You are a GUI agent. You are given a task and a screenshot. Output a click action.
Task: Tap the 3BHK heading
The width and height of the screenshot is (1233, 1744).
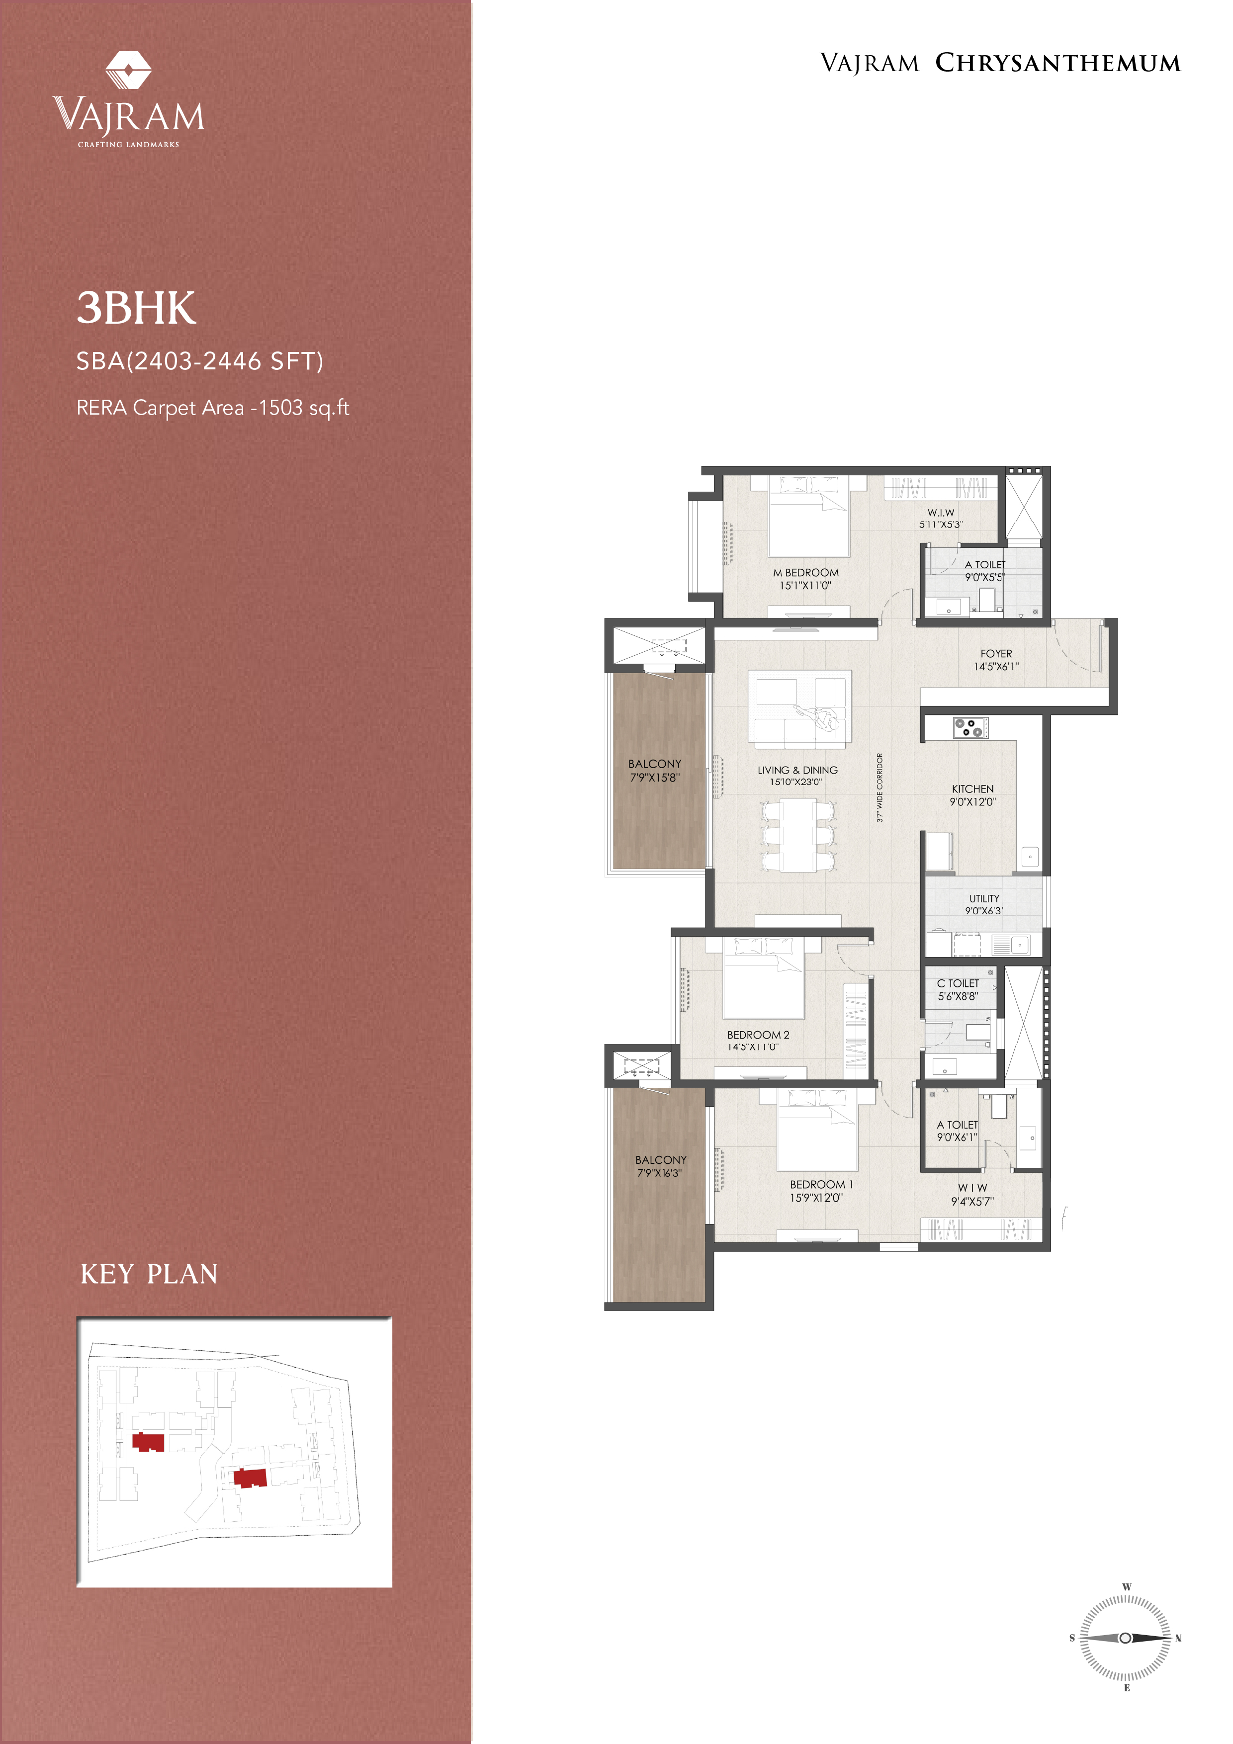136,308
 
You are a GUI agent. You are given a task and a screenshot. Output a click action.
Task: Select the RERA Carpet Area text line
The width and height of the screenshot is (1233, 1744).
213,408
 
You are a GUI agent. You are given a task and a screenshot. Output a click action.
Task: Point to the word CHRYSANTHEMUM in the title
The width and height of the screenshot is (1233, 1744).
1057,63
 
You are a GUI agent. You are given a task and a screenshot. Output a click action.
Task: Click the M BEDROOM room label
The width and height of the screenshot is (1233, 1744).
806,573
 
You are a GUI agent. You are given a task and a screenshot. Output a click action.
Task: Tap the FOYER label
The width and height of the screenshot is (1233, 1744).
996,653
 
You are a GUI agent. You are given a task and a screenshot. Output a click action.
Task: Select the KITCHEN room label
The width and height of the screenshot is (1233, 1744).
972,789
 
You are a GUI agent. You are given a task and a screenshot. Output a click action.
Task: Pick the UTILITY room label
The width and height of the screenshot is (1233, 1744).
984,898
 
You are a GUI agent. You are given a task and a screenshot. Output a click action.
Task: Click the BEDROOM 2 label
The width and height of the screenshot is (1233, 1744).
758,1035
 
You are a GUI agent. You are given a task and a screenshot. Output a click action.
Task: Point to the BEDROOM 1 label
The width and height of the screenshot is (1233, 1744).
821,1184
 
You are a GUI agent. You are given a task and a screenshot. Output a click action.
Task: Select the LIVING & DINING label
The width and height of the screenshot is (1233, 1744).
797,770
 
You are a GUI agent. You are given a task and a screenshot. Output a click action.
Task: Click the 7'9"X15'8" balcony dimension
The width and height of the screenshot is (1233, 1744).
655,777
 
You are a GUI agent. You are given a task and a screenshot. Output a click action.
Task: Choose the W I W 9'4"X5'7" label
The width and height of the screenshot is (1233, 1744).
972,1195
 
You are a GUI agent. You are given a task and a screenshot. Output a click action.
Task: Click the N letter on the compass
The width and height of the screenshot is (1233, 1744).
1178,1639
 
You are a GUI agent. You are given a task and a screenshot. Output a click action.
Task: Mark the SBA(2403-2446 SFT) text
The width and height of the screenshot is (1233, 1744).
200,361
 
